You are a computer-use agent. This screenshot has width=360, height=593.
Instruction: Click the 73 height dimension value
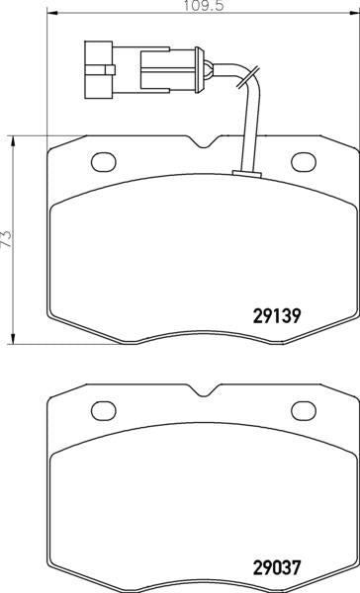(x=7, y=239)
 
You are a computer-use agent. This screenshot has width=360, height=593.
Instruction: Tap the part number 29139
(x=277, y=316)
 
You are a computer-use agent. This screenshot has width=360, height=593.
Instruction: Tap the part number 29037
(x=277, y=567)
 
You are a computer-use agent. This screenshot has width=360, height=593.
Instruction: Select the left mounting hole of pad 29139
(x=103, y=162)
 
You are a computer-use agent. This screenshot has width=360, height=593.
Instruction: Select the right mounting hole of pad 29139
(x=304, y=162)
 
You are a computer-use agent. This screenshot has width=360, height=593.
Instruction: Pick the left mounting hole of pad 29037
(x=103, y=411)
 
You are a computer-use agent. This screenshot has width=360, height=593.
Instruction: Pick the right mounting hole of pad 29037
(x=304, y=411)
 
